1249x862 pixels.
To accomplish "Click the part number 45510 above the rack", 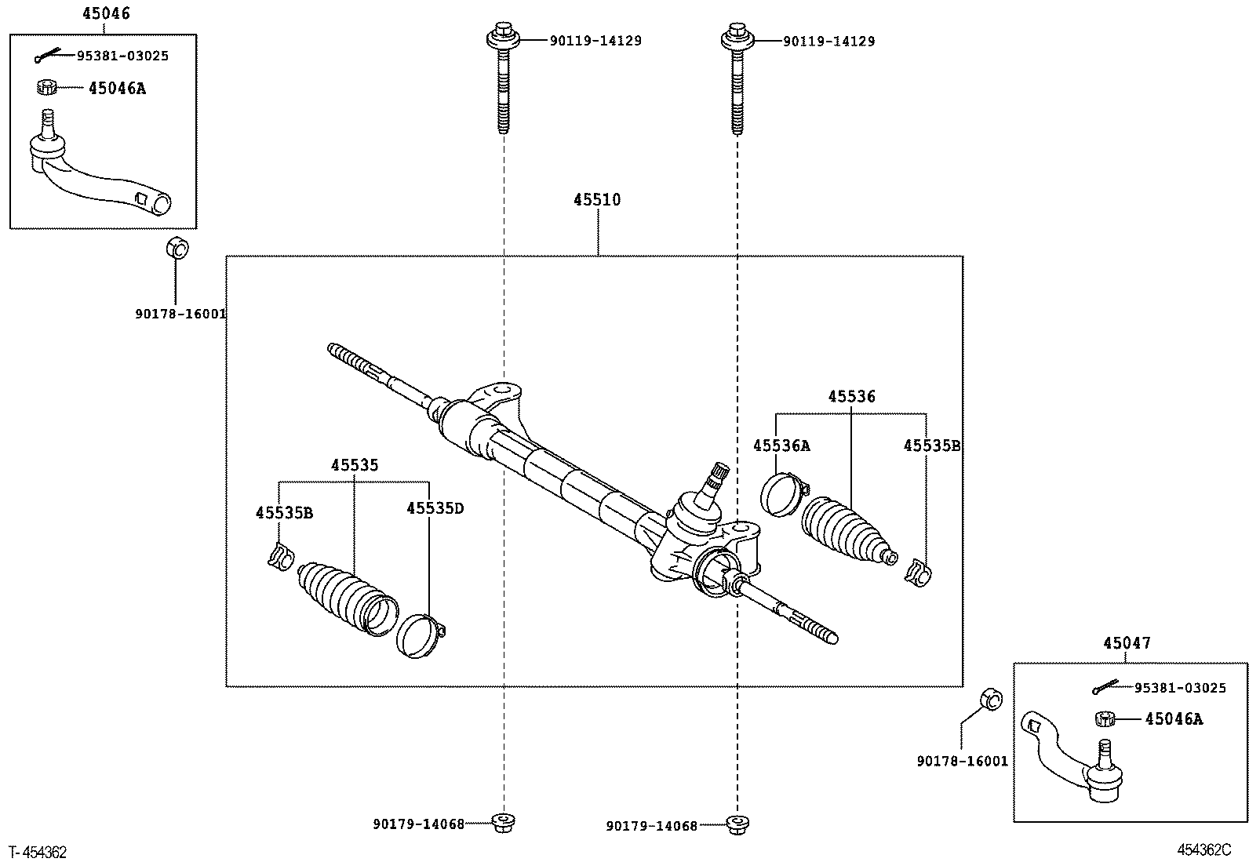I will [x=596, y=200].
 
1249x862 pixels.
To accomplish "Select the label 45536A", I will [x=781, y=446].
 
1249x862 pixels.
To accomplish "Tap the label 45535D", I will [x=435, y=508].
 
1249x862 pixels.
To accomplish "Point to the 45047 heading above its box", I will [x=1127, y=643].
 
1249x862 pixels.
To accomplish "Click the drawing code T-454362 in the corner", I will [x=38, y=851].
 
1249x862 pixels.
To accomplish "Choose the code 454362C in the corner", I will [x=1203, y=850].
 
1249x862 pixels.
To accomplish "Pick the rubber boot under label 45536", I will [x=846, y=530].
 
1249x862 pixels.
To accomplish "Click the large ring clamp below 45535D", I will [x=420, y=635].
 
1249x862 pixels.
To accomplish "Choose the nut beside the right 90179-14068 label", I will [x=735, y=825].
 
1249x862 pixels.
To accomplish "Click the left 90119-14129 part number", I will [x=595, y=41].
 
